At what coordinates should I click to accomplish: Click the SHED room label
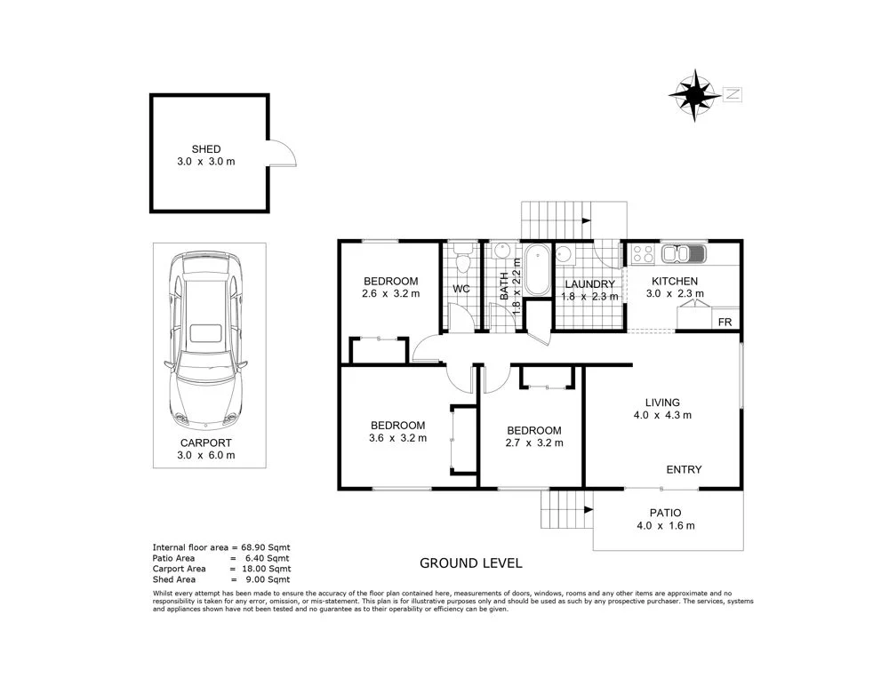205,149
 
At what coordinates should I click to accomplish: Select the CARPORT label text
205,443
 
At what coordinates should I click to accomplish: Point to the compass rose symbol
694,93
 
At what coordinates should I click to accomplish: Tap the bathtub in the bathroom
537,271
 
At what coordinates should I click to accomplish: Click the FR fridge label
725,322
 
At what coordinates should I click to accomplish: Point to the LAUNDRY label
589,284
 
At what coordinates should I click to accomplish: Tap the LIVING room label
662,402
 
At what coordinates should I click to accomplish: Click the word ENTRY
684,470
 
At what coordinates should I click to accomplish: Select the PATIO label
665,513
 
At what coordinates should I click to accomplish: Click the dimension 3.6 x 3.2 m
398,438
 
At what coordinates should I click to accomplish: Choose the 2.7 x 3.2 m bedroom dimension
533,443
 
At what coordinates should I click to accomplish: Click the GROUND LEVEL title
470,563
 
